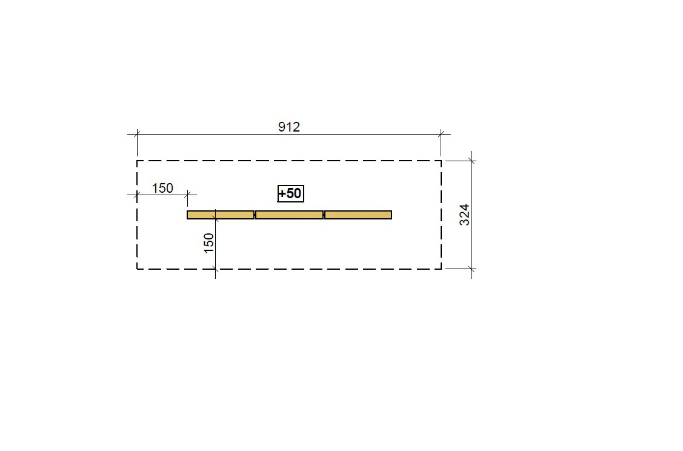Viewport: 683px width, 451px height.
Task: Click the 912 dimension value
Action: tap(289, 127)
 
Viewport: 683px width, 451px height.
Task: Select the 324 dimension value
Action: tap(465, 215)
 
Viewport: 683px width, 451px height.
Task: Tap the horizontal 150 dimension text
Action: tap(162, 189)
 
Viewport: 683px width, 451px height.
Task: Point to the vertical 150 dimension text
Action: tap(209, 243)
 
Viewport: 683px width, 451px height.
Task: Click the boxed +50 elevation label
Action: tap(290, 193)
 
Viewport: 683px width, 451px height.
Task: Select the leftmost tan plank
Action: tap(221, 215)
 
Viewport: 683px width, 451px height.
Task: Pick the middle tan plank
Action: tap(289, 215)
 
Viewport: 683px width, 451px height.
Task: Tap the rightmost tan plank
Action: tap(358, 215)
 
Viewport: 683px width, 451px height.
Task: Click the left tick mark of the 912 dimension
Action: tap(137, 134)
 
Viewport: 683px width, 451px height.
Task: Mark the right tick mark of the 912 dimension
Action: tap(441, 134)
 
